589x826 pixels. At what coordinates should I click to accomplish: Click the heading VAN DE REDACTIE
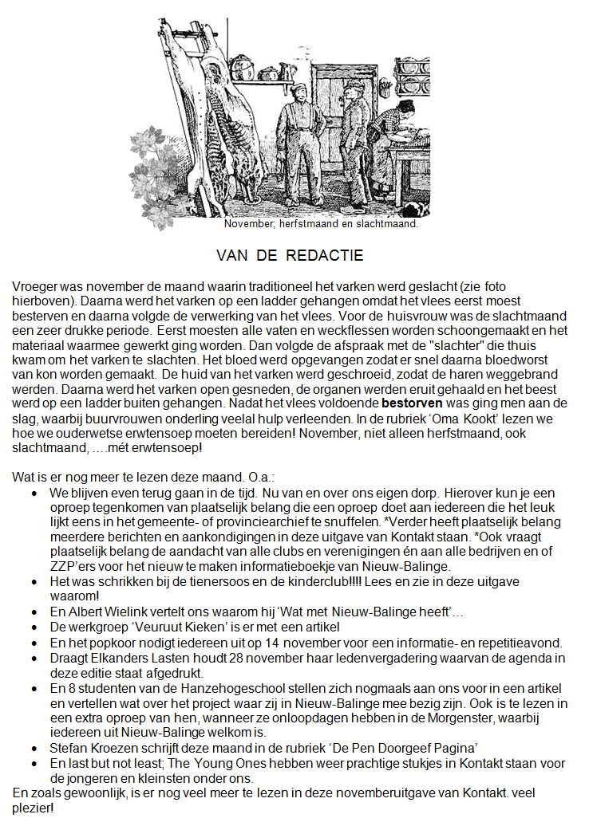[x=290, y=256]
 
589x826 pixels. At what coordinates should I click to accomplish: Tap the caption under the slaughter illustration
[x=321, y=223]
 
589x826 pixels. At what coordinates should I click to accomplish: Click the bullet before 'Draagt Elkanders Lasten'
[x=34, y=658]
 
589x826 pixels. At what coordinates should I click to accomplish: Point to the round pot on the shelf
[x=267, y=74]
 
